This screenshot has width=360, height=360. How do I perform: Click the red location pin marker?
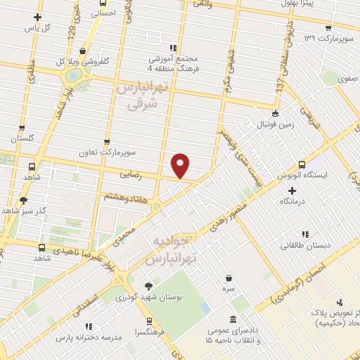181,165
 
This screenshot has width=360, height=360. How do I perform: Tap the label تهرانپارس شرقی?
142,96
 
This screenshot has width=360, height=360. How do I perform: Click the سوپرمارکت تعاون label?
106,151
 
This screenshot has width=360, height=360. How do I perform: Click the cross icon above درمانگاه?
292,190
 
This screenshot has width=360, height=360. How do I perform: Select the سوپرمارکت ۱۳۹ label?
328,37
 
